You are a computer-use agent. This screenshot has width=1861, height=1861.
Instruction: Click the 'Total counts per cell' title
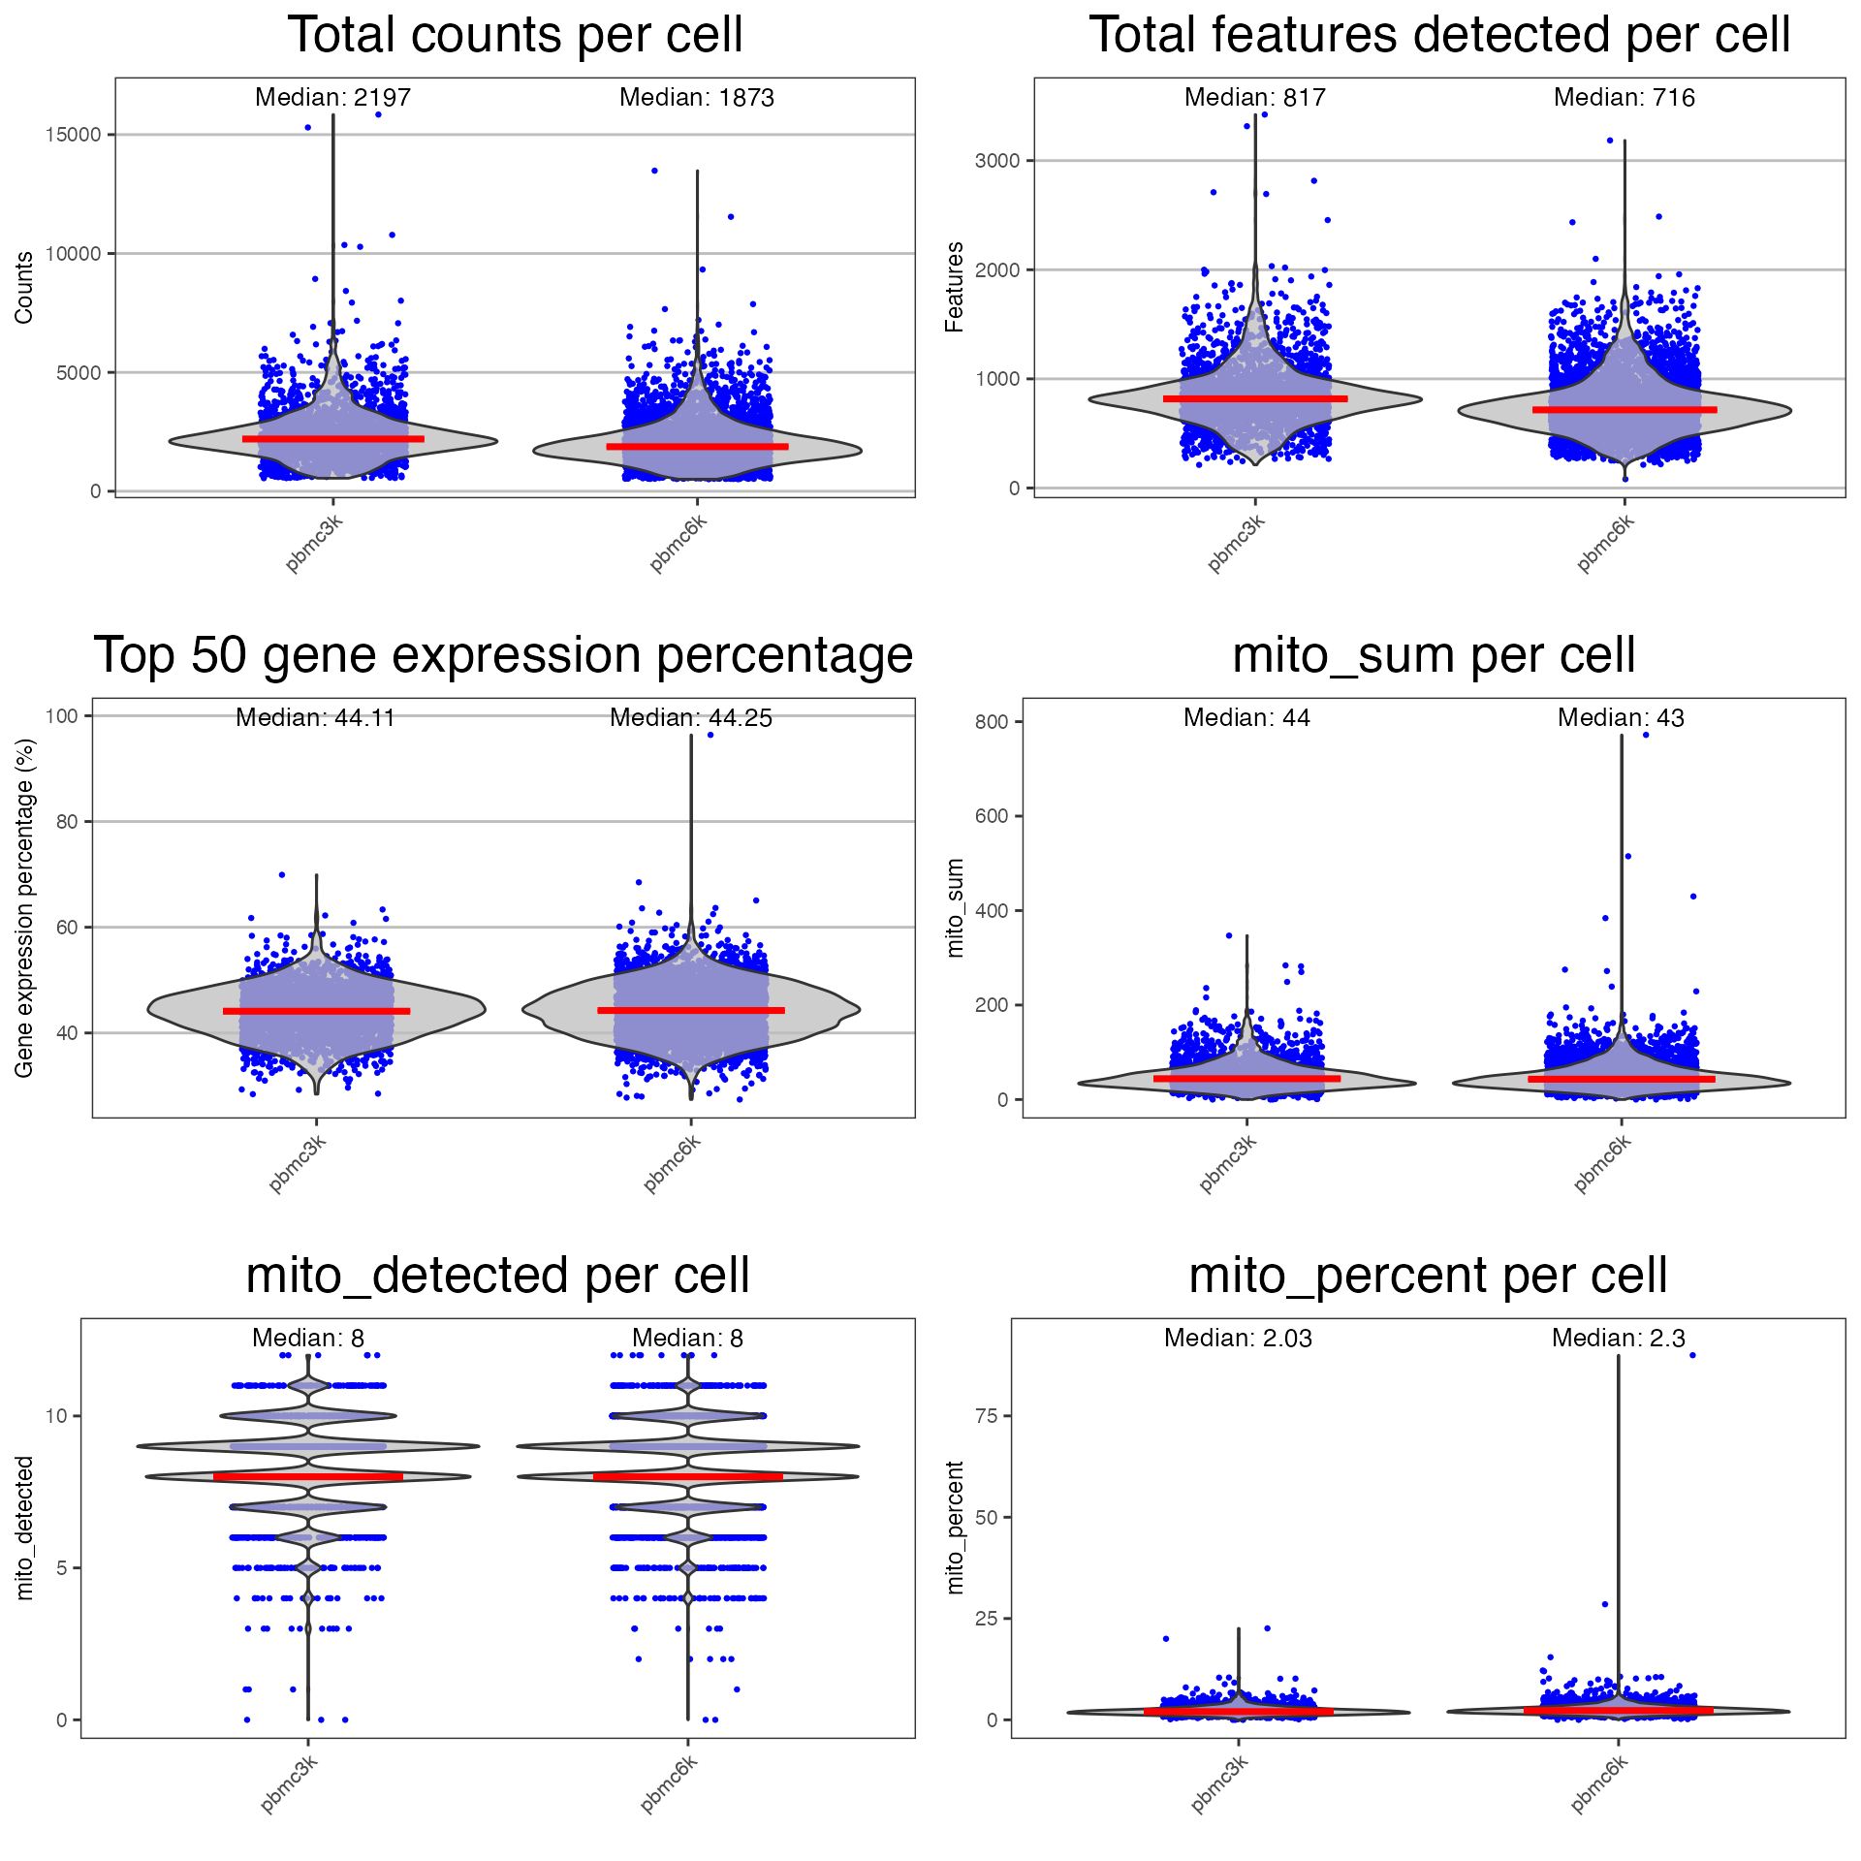515,36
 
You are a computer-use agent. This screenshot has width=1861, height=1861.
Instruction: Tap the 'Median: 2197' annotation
332,98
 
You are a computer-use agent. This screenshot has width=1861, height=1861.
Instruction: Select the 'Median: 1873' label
696,98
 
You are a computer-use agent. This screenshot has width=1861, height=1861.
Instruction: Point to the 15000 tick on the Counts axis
74,135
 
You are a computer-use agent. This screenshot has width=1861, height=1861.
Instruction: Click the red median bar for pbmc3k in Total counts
332,439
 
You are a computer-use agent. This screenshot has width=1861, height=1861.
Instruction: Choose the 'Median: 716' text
1624,98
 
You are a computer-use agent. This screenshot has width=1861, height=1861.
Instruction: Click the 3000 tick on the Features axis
997,161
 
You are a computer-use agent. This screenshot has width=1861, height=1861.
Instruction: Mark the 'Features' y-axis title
955,287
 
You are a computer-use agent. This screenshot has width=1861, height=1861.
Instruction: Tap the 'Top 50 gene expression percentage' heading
503,656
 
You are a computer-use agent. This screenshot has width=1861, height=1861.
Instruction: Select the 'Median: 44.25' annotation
690,718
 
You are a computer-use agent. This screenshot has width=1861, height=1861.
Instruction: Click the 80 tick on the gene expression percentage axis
67,822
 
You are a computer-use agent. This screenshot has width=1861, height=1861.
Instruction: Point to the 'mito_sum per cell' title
1434,656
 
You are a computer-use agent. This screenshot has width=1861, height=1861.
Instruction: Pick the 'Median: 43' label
1621,718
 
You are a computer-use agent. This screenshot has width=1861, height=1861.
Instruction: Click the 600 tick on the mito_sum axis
992,816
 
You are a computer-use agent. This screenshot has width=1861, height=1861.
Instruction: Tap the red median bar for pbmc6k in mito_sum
1621,1079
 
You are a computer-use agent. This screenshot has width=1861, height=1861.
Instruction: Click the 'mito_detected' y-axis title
25,1528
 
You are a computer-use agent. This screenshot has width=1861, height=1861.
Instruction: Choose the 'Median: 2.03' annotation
1238,1339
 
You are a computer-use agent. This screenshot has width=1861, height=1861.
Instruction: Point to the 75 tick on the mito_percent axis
987,1416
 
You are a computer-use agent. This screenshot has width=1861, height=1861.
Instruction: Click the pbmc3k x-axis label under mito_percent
1219,1783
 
